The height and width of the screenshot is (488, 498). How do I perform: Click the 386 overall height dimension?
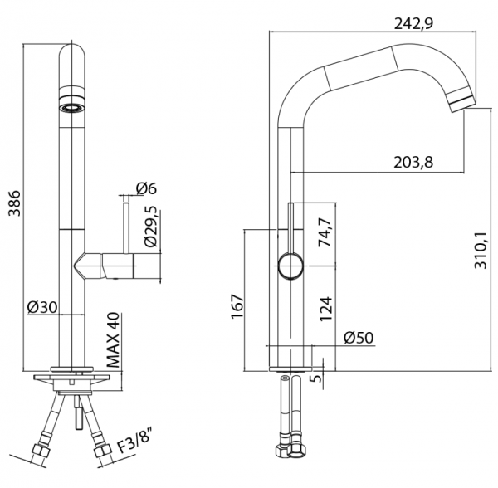click(x=14, y=203)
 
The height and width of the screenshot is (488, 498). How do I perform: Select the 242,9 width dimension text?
click(x=413, y=23)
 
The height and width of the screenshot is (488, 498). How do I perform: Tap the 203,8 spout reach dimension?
click(x=413, y=163)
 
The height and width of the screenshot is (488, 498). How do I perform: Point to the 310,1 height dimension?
click(x=481, y=250)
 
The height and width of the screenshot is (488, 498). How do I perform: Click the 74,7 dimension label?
click(x=325, y=232)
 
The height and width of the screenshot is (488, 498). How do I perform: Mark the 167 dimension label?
click(x=237, y=307)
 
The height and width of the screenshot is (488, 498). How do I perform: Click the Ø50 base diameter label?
click(x=359, y=338)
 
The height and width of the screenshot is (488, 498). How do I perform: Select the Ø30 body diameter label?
click(x=42, y=307)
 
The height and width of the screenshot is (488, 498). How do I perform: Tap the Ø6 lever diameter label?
click(x=146, y=188)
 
